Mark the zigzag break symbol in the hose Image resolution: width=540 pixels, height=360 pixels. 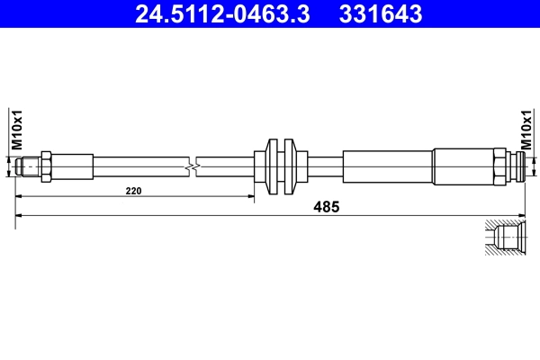click(x=190, y=166)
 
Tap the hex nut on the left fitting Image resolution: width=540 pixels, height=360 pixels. click(x=46, y=166)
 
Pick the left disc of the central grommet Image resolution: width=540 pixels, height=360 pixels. click(x=275, y=166)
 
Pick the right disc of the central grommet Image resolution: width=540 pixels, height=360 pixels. click(x=290, y=166)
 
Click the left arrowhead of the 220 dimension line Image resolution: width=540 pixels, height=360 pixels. click(x=21, y=195)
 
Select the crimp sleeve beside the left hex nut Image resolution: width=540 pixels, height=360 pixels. click(x=73, y=166)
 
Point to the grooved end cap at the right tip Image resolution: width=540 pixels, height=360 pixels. click(x=515, y=166)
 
